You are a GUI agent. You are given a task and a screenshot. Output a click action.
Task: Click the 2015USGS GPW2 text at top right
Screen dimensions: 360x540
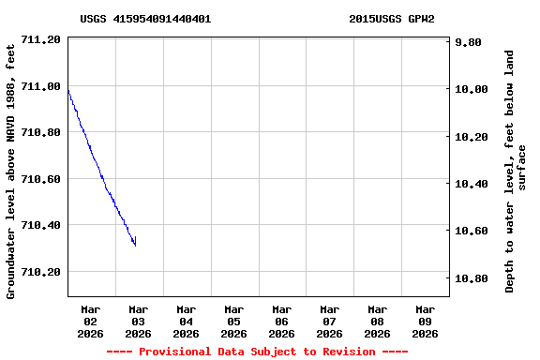tap(391, 19)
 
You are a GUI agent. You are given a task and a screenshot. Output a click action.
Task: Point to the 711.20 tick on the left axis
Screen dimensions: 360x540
tap(40, 40)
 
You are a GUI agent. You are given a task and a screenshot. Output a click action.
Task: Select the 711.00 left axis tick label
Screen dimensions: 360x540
tap(40, 86)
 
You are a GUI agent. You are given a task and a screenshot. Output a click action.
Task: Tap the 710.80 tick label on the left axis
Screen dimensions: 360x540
tap(40, 133)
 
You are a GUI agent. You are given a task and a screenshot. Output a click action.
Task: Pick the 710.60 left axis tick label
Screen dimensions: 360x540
tap(40, 179)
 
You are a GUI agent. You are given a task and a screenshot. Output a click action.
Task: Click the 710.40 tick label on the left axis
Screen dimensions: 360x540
tap(40, 226)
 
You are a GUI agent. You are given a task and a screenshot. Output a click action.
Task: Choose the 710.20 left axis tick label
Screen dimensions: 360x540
tap(40, 272)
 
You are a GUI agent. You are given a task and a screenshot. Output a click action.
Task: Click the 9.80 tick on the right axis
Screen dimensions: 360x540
tap(469, 42)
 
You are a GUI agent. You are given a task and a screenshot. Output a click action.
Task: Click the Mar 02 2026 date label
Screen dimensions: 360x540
tap(91, 321)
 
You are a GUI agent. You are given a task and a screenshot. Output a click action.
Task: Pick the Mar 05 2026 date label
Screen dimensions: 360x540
tap(234, 321)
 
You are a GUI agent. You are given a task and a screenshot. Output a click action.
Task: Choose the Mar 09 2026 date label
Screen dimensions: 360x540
tap(425, 321)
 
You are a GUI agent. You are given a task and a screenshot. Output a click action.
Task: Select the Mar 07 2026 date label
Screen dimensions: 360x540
tap(329, 321)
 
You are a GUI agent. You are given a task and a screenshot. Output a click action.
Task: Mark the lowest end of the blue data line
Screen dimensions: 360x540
tap(136, 245)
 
